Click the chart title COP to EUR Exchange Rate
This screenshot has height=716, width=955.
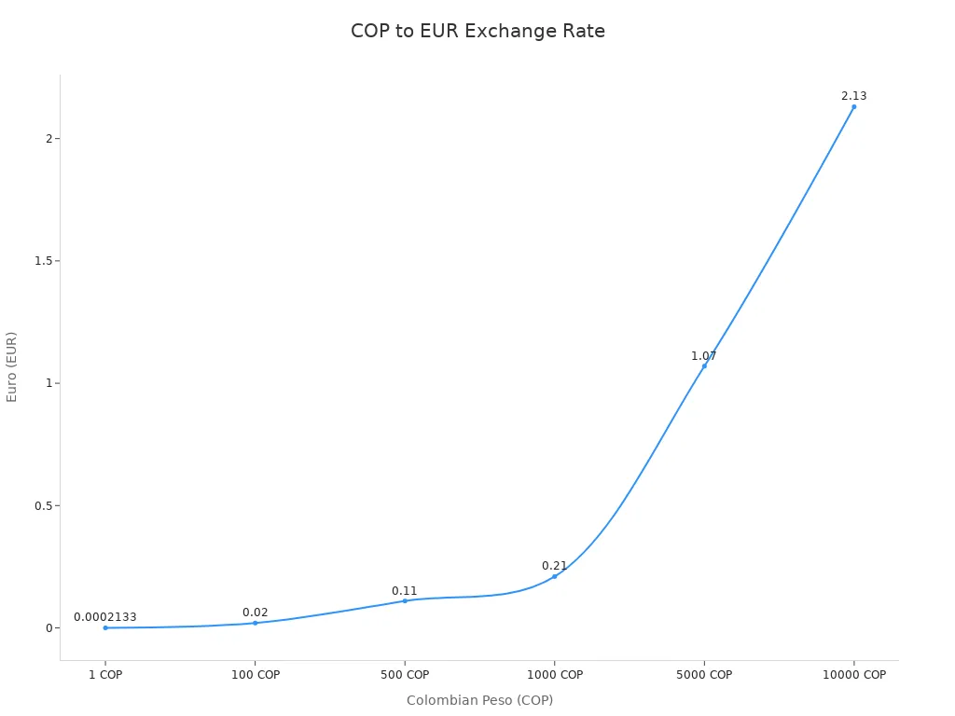(477, 32)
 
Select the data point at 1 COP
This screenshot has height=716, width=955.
(105, 627)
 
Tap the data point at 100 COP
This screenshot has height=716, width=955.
(255, 623)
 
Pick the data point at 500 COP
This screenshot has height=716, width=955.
(405, 600)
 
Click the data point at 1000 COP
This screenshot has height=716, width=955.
(554, 576)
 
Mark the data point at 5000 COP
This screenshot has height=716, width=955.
(704, 365)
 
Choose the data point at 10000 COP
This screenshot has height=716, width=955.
(853, 106)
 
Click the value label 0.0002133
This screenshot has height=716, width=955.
(105, 617)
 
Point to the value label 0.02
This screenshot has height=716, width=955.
(255, 613)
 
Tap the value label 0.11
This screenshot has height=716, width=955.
(405, 591)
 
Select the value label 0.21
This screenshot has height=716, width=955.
(554, 566)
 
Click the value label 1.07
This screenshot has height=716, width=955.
(704, 356)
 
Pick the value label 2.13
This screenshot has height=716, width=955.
(853, 96)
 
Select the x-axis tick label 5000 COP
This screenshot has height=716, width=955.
(704, 675)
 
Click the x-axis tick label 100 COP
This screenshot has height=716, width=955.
(255, 675)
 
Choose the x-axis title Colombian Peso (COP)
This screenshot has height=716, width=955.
(479, 700)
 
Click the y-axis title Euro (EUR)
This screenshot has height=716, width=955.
(12, 366)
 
